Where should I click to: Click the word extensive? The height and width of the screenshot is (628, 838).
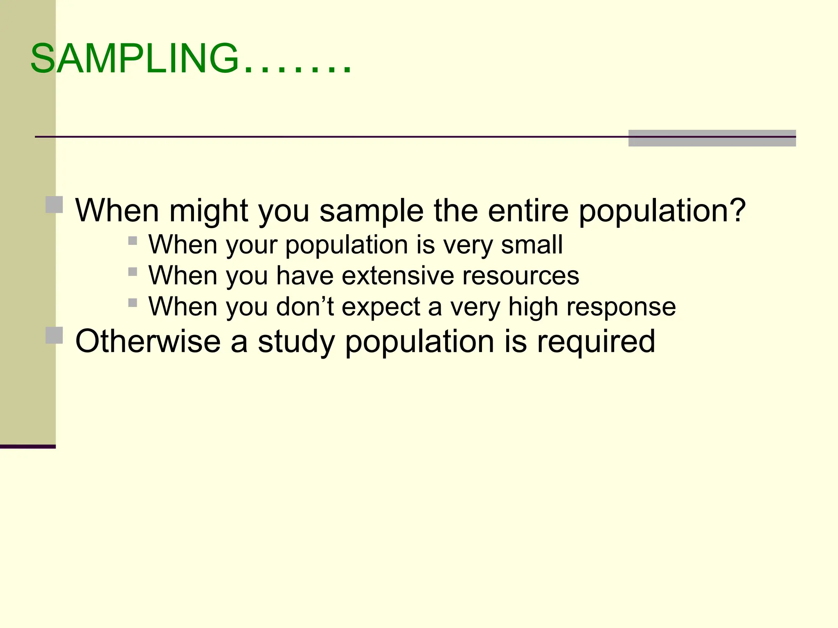tap(397, 276)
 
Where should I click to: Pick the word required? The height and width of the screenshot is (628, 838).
tap(596, 342)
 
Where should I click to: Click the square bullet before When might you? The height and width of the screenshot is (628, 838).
tap(54, 204)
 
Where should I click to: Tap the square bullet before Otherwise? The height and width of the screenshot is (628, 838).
tap(54, 335)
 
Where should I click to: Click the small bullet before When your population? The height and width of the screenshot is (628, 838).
tap(133, 240)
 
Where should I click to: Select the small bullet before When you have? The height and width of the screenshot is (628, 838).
tap(133, 271)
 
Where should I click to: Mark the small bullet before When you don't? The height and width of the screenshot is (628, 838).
tap(133, 303)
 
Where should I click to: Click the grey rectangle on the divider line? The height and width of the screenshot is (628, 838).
tap(712, 138)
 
